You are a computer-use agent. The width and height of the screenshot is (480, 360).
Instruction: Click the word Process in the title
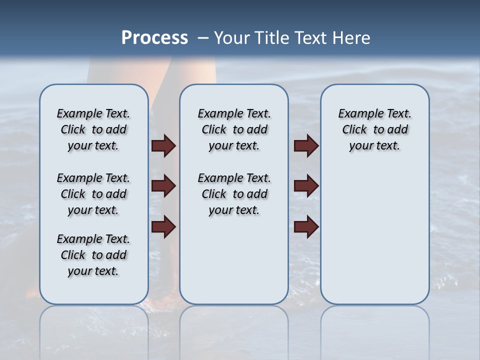(x=154, y=38)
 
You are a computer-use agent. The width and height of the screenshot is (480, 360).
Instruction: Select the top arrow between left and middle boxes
(x=163, y=145)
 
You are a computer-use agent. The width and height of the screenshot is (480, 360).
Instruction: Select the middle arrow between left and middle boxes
(x=163, y=186)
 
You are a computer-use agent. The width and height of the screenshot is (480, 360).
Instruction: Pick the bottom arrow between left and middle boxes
(x=163, y=226)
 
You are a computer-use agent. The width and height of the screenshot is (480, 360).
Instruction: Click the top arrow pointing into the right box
(x=306, y=145)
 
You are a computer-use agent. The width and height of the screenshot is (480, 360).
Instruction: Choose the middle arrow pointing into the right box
(x=306, y=186)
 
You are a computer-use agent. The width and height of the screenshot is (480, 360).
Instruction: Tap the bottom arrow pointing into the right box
(x=306, y=226)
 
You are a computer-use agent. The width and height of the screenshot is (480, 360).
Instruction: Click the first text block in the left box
(x=93, y=129)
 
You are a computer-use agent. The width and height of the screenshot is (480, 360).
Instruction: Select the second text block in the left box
(x=93, y=194)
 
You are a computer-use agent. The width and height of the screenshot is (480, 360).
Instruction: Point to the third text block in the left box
(x=93, y=255)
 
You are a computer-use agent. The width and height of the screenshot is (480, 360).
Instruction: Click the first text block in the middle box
(x=234, y=129)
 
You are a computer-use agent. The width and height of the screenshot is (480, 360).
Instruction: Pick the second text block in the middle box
(x=234, y=194)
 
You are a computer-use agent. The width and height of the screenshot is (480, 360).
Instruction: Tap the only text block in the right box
(x=374, y=129)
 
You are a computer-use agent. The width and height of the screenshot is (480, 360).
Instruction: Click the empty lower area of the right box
(x=374, y=240)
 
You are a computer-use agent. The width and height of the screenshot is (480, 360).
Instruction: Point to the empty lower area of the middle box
(x=234, y=260)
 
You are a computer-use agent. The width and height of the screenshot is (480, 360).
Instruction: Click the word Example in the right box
(x=355, y=114)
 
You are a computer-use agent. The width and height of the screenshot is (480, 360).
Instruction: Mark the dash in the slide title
(x=203, y=38)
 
